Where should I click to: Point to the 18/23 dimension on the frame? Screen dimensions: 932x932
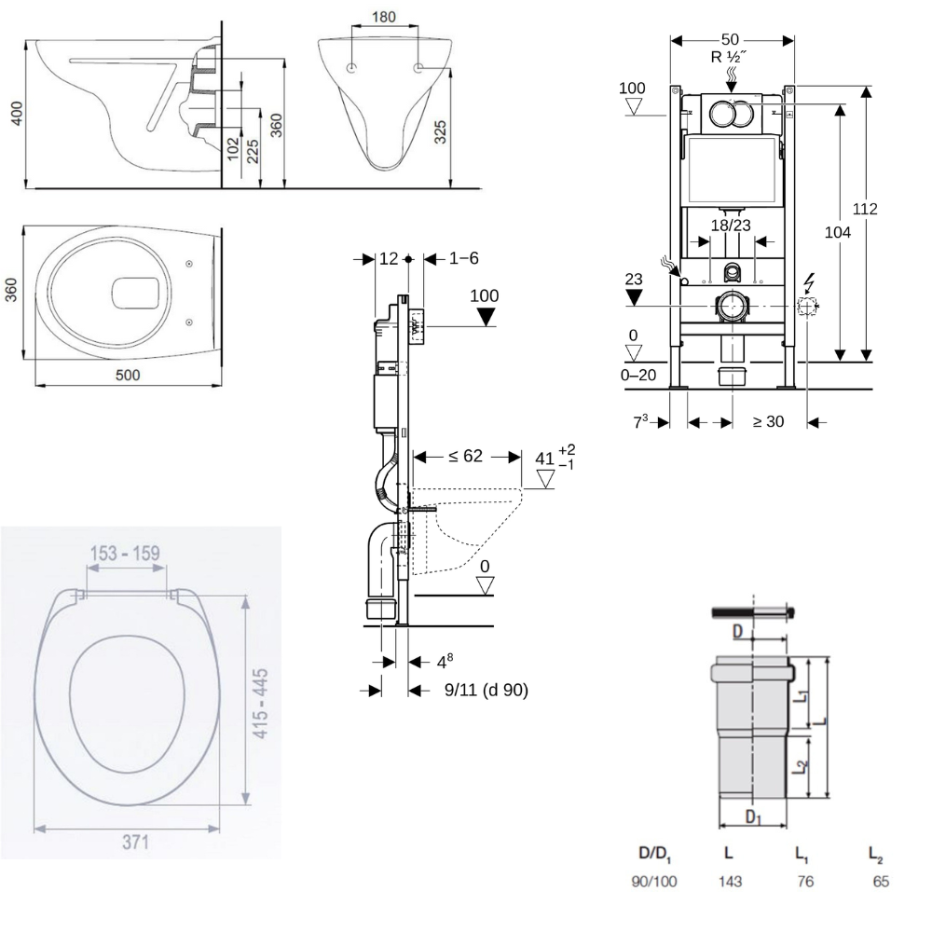click(732, 225)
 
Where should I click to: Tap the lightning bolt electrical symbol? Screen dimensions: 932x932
click(807, 281)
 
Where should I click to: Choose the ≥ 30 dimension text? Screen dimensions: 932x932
click(768, 421)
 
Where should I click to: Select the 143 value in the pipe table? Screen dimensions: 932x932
click(730, 881)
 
